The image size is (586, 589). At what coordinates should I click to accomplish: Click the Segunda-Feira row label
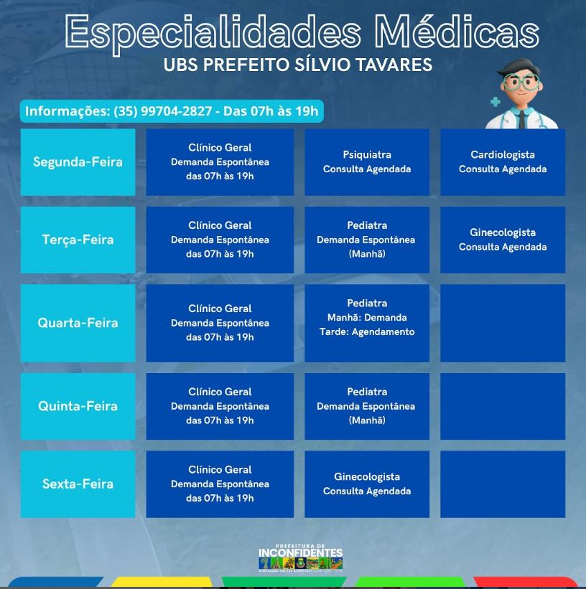78,162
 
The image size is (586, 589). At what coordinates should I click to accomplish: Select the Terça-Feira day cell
78,240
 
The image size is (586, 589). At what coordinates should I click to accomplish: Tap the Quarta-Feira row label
78,323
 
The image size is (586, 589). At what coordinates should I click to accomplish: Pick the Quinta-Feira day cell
78,406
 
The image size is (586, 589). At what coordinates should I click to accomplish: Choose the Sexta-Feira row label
78,484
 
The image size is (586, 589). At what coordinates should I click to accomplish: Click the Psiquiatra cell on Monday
367,162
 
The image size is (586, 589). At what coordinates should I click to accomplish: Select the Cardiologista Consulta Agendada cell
503,162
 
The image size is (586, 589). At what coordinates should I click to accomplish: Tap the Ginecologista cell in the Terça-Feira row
503,240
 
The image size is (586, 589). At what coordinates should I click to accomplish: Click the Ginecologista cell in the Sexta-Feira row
367,484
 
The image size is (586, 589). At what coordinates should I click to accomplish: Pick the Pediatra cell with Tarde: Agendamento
367,323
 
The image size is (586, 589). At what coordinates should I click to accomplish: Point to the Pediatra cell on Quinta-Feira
367,406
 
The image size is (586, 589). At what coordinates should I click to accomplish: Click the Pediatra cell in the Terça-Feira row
367,240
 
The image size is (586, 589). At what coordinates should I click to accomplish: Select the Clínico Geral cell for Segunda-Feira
220,162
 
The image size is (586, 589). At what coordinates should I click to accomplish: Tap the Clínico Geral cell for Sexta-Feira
220,484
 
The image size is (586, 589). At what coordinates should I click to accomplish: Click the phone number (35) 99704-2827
162,111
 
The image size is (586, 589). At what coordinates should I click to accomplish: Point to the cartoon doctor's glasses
522,81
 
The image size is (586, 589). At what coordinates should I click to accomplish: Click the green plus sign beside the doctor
496,102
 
